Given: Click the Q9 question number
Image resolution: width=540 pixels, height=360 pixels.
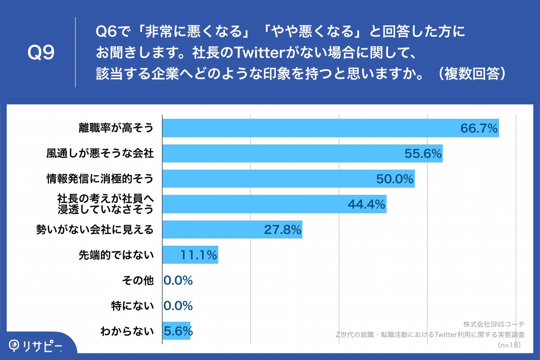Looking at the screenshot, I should click(x=41, y=53).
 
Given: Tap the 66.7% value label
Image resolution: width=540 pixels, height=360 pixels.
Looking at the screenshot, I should click(x=478, y=129).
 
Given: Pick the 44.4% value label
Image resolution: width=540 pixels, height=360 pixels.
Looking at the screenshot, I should click(x=366, y=205).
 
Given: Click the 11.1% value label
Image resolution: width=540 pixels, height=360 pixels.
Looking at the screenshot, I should click(x=199, y=256).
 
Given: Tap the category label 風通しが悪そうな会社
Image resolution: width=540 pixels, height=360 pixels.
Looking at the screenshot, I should click(x=100, y=154).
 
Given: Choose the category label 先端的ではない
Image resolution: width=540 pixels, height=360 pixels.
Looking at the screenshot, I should click(x=116, y=256).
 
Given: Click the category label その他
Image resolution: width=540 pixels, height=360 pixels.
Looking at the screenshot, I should click(x=138, y=281).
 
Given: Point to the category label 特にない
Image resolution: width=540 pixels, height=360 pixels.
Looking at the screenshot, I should click(x=132, y=306).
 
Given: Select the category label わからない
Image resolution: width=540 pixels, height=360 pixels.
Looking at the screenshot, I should click(x=127, y=332).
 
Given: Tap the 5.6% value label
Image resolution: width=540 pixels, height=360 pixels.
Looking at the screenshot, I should click(x=178, y=332).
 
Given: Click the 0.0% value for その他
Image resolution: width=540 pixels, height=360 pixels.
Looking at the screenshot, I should click(x=178, y=281).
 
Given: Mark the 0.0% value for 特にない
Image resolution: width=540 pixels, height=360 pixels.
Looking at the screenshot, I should click(x=178, y=306).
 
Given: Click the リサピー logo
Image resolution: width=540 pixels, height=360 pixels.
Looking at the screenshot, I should click(x=36, y=346).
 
